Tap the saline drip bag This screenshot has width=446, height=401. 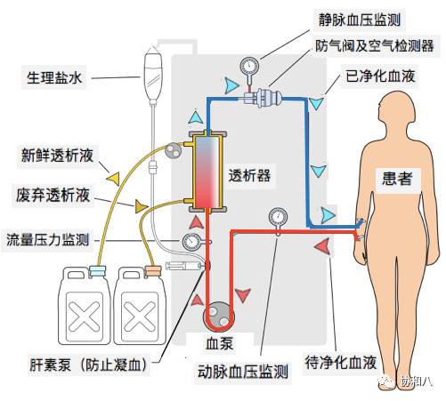[154, 68]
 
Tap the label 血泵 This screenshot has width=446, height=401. [217, 345]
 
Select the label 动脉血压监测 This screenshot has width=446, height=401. [242, 372]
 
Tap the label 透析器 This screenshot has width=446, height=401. [250, 174]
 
